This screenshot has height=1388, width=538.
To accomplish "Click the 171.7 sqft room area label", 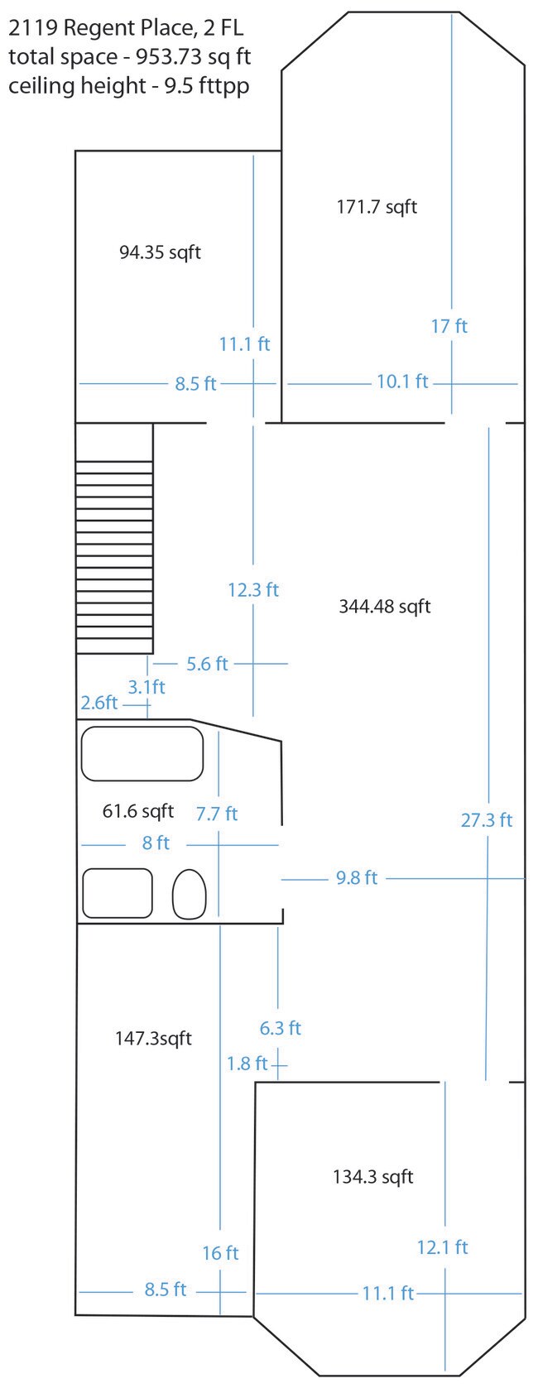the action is [x=377, y=206].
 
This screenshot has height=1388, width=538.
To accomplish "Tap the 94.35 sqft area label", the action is [x=160, y=252].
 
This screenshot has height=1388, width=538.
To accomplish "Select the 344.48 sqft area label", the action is [x=384, y=606].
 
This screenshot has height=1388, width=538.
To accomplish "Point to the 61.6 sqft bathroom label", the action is [x=138, y=810].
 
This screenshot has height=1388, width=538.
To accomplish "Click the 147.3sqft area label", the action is [x=154, y=1038].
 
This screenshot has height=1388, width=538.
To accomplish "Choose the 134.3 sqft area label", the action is [x=373, y=1176].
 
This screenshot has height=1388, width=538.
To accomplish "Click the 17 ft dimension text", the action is [x=449, y=326].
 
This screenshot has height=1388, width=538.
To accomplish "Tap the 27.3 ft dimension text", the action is [x=487, y=819].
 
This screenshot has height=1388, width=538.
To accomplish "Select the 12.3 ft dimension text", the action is [x=253, y=589].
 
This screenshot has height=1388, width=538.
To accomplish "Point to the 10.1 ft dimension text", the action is [x=402, y=381].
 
